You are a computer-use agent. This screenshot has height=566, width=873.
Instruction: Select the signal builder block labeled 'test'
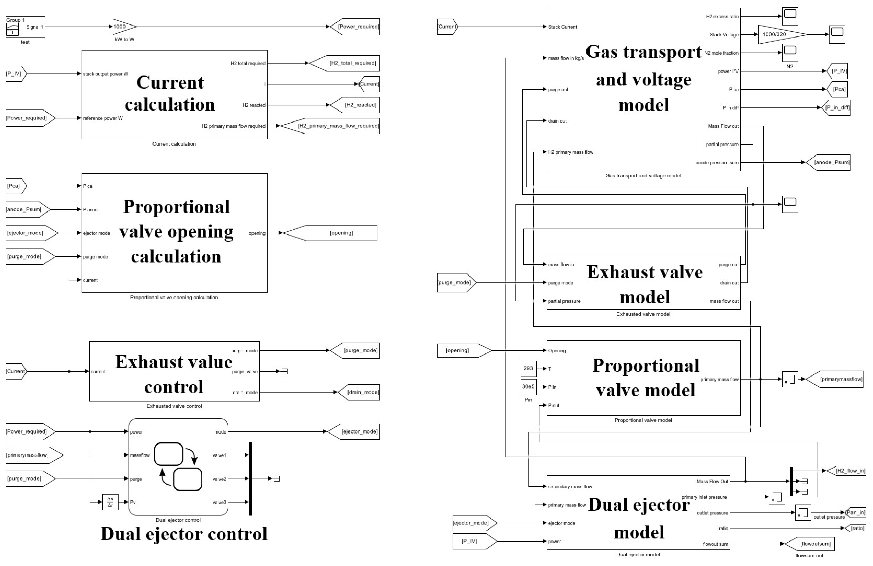coord(25,26)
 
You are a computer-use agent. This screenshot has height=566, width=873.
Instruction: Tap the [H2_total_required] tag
coord(344,63)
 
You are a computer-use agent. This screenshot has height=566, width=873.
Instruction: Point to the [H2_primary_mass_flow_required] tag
coord(329,126)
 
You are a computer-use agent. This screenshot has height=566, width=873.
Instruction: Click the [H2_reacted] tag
coord(355,105)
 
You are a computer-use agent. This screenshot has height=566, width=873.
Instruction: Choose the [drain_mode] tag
coord(358,392)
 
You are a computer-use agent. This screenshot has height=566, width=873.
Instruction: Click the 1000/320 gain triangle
coord(783,34)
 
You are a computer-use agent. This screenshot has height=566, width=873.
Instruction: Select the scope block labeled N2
coord(790,53)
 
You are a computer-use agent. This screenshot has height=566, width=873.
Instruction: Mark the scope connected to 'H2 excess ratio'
coord(790,16)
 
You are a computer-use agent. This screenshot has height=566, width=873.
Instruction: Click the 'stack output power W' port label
coord(106,74)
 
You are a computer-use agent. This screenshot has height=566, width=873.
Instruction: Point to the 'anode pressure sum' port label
coord(717,163)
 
